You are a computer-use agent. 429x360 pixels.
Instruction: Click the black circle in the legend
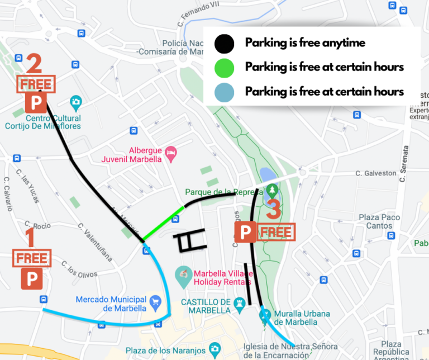225,43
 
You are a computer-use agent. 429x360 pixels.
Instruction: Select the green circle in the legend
225,67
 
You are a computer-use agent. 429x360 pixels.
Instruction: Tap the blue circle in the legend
225,91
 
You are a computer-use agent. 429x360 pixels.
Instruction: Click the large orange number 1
31,238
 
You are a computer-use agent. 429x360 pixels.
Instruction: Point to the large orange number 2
34,63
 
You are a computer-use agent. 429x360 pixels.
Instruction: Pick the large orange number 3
274,210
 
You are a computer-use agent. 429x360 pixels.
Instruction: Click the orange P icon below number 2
36,102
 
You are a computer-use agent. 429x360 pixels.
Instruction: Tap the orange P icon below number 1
32,278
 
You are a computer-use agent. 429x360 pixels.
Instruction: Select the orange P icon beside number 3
245,232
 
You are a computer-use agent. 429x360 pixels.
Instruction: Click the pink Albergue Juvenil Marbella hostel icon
171,151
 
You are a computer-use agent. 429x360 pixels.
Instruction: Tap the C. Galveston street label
376,173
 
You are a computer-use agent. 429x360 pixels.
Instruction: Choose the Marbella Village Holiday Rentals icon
183,274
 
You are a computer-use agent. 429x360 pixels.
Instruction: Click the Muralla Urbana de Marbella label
301,318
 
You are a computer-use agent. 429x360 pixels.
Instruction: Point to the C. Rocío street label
41,226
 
